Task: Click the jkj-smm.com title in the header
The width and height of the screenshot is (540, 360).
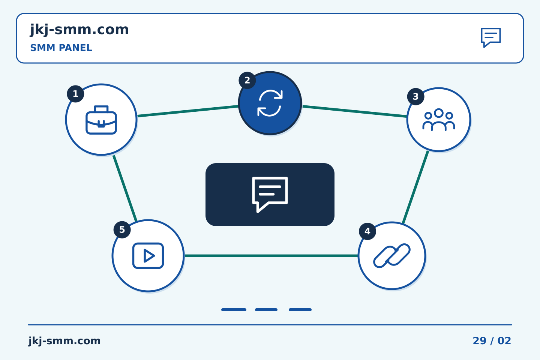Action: tap(79, 30)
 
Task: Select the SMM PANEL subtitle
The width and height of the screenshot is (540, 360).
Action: tap(61, 48)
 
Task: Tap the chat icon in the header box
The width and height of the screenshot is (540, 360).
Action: tap(491, 37)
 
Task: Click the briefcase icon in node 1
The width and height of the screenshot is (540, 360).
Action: tap(101, 120)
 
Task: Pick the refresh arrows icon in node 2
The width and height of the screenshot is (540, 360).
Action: tap(270, 103)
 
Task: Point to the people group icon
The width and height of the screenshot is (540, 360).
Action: tap(439, 120)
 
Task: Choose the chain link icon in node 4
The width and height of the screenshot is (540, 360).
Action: tap(392, 256)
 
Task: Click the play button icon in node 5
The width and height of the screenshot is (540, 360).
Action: tap(148, 256)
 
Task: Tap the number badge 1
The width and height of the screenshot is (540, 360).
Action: tap(75, 94)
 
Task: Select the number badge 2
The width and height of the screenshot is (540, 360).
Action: tap(247, 80)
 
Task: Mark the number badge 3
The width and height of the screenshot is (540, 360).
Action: tap(415, 96)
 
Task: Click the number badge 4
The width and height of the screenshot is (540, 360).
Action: tap(367, 231)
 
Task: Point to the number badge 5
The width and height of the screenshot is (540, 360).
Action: tap(122, 229)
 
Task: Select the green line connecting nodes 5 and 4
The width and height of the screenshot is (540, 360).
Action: tap(271, 256)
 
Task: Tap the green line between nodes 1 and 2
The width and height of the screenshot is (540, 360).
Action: tap(188, 111)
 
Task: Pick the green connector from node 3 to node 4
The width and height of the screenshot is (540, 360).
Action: tap(415, 187)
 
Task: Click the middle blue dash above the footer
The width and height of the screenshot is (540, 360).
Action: tap(266, 310)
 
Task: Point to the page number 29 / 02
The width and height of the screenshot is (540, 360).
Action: tap(492, 341)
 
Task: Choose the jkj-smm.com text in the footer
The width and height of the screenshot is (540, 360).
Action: tap(64, 341)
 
